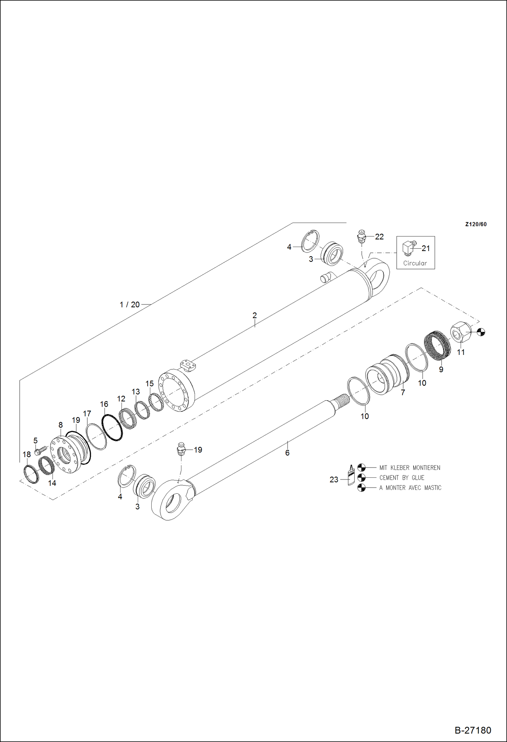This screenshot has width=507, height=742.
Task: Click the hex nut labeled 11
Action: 460,332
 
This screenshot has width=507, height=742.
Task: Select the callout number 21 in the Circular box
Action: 425,248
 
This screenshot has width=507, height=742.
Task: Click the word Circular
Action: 415,263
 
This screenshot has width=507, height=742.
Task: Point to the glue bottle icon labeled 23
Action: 351,475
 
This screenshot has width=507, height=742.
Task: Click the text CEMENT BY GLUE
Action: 401,478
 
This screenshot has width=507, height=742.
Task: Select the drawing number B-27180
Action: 472,730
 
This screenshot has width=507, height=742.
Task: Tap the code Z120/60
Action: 476,224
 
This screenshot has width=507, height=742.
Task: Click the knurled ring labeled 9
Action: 437,346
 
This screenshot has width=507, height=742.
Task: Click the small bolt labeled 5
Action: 40,450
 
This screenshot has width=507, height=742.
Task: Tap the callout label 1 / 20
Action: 130,305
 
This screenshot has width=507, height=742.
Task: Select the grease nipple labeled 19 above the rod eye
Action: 182,449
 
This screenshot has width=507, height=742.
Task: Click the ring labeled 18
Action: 31,474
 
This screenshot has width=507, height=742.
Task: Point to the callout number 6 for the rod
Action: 287,453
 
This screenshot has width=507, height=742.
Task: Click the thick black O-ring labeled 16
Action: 112,428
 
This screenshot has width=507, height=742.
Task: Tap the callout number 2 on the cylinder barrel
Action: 255,315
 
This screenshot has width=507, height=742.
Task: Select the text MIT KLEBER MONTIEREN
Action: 410,468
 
